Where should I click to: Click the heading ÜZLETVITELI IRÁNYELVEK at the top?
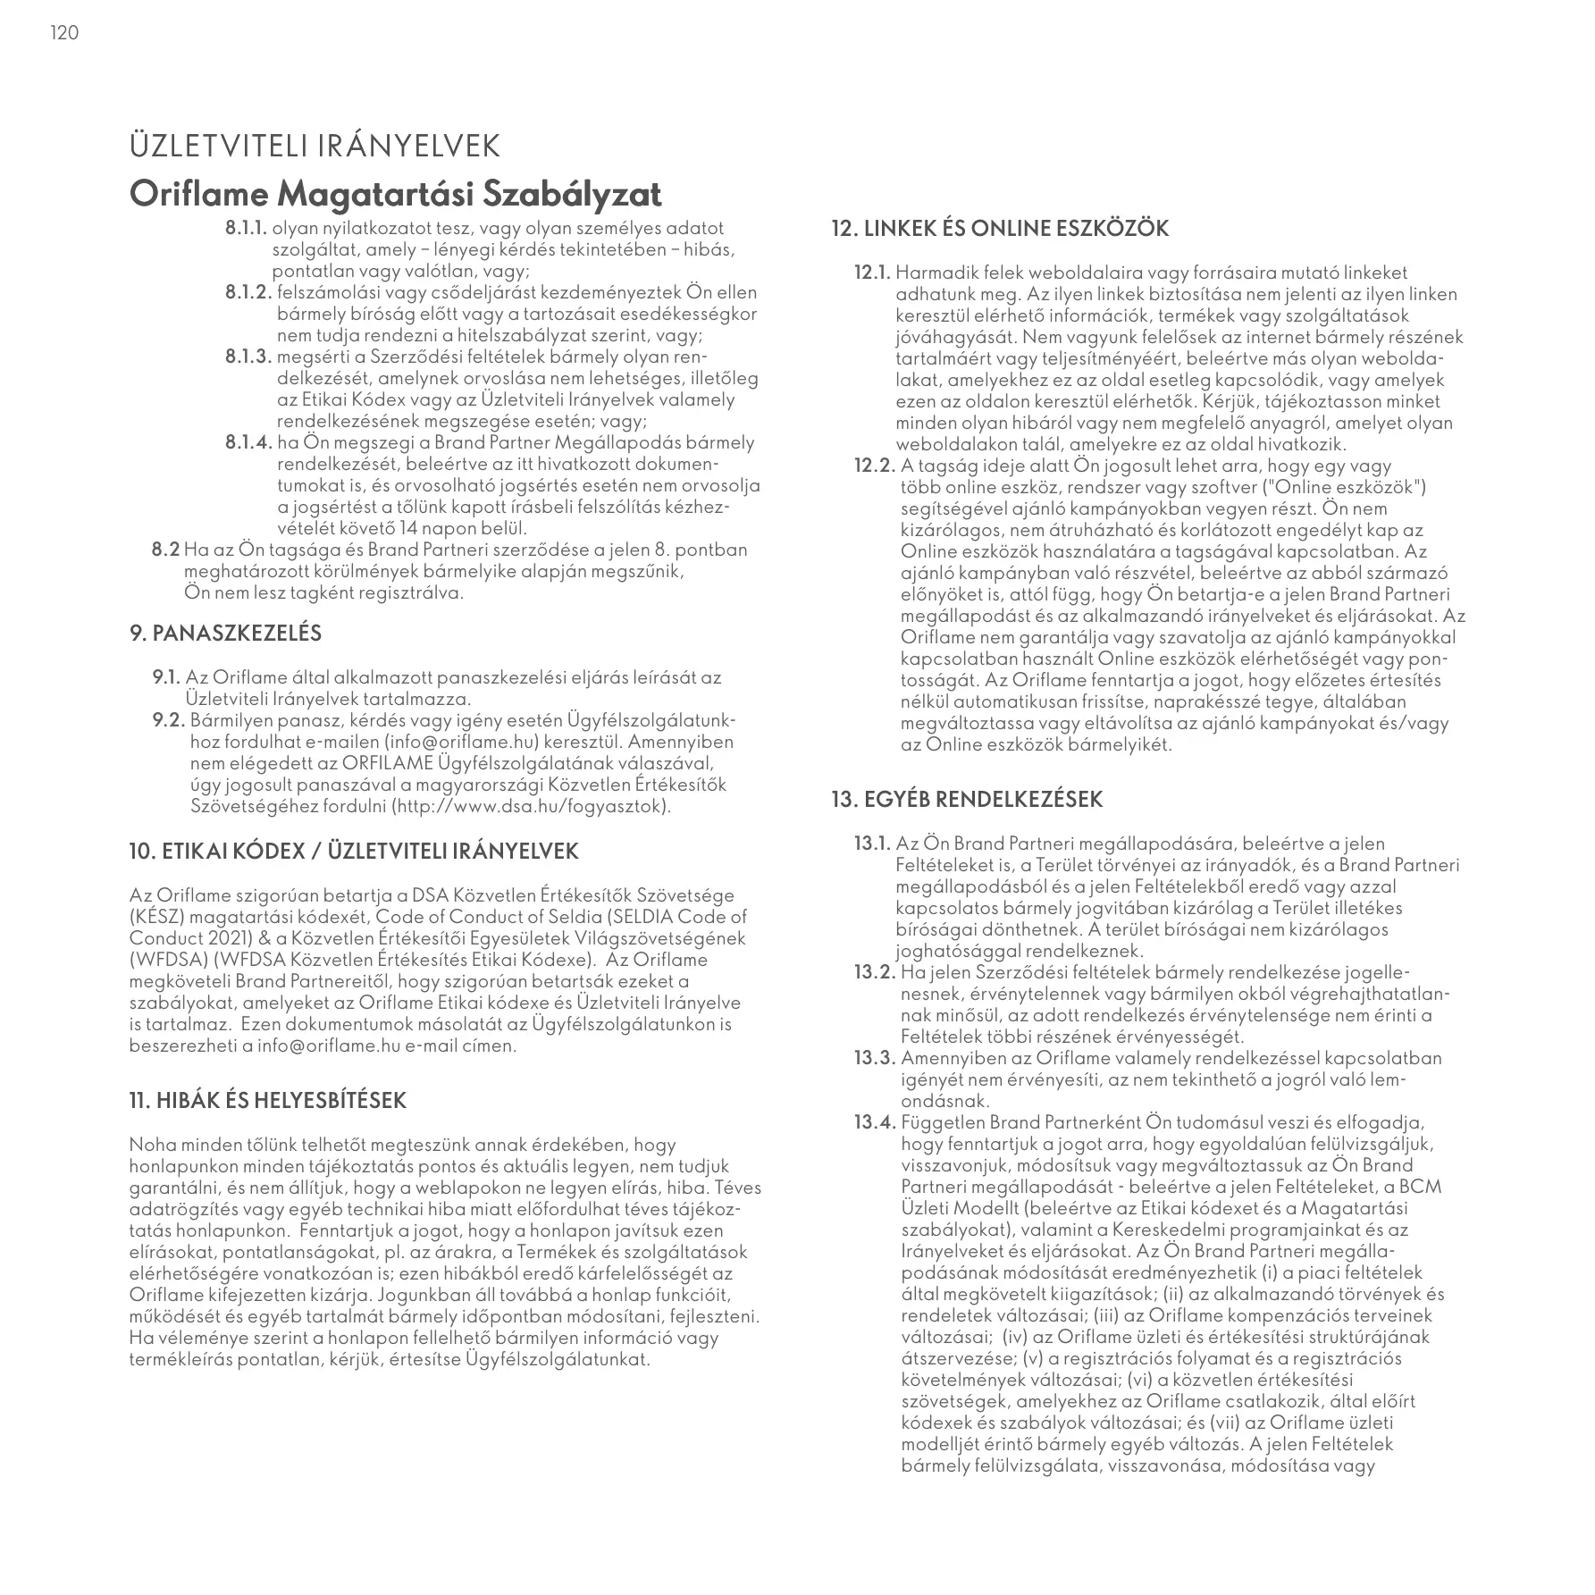coord(315,147)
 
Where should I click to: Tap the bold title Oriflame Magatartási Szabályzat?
coord(396,193)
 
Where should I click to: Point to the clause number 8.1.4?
coord(248,443)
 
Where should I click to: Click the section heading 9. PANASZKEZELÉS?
coord(225,634)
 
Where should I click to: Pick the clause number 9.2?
coord(169,721)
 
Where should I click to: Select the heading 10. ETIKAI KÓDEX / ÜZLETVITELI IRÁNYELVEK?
coord(354,852)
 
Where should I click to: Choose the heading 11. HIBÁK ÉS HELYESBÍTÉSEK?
coord(267,1101)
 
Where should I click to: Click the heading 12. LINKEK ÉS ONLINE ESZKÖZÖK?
coord(1000,229)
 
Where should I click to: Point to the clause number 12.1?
coord(873,273)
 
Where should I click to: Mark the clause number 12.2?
coord(876,466)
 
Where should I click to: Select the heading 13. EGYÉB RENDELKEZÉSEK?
coord(967,800)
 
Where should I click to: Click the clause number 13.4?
coord(876,1122)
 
